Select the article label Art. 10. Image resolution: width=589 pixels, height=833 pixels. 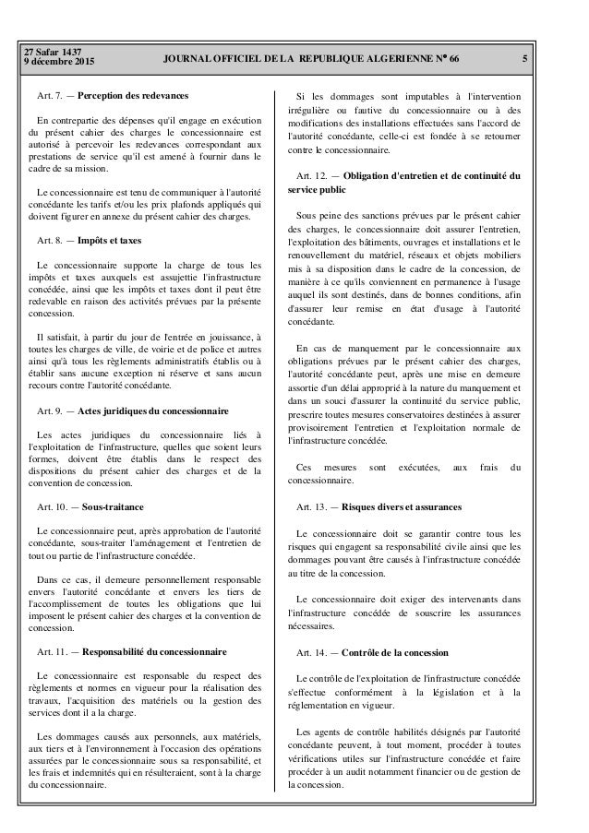[x=52, y=507]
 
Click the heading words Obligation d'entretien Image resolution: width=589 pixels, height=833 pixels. [x=390, y=175]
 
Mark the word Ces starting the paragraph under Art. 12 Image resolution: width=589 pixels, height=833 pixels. [x=303, y=466]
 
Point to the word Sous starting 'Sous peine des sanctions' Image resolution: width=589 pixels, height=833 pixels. [x=307, y=215]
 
